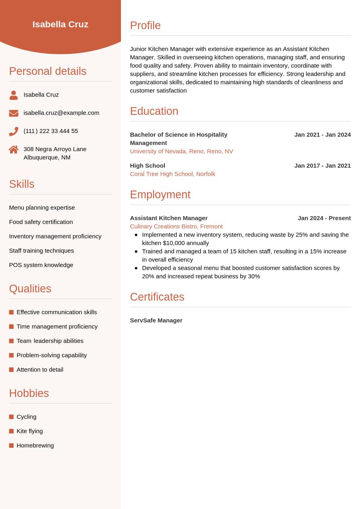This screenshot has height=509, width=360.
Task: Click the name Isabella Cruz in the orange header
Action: (x=60, y=24)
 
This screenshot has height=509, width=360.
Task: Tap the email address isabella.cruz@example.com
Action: (x=61, y=113)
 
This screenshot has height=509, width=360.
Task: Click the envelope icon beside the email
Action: (x=14, y=113)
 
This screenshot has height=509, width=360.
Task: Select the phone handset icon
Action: (x=14, y=131)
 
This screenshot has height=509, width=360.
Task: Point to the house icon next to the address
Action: (x=14, y=150)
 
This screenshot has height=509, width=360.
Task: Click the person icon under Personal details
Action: (x=14, y=95)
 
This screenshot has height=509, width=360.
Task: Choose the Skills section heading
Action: (x=22, y=184)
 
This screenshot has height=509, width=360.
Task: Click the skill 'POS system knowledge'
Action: (x=41, y=265)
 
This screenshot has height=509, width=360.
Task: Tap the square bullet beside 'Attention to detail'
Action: (x=11, y=370)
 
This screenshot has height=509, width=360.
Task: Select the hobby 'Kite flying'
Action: (x=29, y=431)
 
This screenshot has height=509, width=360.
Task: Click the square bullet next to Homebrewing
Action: (x=11, y=445)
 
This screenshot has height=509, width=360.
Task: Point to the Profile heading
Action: (x=145, y=25)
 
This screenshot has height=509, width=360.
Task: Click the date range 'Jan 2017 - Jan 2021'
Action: (x=322, y=166)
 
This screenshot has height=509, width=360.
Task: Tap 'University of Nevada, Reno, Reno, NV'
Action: (x=181, y=151)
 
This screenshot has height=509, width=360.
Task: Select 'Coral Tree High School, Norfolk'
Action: (x=173, y=174)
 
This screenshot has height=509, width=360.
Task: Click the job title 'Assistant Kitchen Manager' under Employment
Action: (x=169, y=218)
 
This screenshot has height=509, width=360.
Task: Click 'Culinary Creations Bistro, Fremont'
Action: (x=176, y=226)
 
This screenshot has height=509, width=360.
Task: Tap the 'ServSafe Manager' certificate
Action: (x=156, y=320)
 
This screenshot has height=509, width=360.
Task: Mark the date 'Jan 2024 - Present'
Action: (x=324, y=218)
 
